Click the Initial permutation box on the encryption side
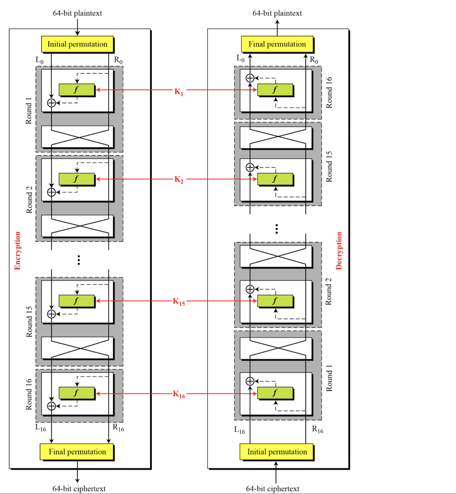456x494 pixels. tap(77, 44)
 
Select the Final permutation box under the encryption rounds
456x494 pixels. tap(77, 452)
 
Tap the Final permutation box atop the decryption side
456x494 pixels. tap(277, 44)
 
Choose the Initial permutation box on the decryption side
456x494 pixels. tap(277, 452)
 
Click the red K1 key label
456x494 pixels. tap(179, 92)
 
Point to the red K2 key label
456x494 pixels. tap(179, 179)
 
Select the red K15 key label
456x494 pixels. tap(179, 302)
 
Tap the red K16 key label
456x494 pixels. tap(179, 394)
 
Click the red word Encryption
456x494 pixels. tap(17, 250)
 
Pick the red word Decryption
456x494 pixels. tap(339, 250)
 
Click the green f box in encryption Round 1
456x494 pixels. tap(76, 90)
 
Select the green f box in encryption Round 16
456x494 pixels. tap(76, 393)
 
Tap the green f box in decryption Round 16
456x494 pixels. tap(275, 90)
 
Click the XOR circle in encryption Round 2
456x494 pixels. tap(51, 192)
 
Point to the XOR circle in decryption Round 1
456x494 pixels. tap(250, 381)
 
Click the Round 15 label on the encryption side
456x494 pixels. tap(29, 321)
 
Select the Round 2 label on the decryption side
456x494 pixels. tap(329, 291)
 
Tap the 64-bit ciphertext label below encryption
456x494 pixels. tap(79, 488)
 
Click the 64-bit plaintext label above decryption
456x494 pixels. tap(277, 13)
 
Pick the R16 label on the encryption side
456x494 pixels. tap(118, 428)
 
